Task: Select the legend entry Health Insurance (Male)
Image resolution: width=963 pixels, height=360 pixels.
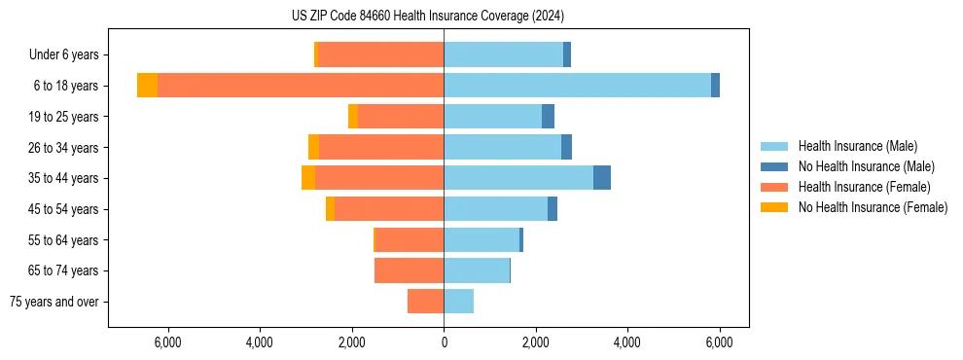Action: (x=857, y=146)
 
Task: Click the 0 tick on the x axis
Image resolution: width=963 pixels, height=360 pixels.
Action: (x=444, y=342)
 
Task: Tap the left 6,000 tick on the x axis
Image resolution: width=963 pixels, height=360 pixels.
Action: (x=168, y=342)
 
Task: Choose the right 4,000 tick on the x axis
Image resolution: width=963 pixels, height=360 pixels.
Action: (x=627, y=342)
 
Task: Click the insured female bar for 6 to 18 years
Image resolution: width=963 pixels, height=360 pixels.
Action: (x=301, y=86)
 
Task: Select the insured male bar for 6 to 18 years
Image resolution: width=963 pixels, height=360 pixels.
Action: (x=577, y=86)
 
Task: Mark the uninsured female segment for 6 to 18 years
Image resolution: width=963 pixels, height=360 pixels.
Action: (x=147, y=86)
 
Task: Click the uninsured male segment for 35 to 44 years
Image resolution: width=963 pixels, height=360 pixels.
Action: (x=602, y=178)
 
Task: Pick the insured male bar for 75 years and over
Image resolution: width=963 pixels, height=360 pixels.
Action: (x=458, y=302)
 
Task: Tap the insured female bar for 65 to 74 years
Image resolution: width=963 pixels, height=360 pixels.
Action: (x=410, y=270)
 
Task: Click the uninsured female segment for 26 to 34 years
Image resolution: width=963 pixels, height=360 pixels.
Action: (x=313, y=147)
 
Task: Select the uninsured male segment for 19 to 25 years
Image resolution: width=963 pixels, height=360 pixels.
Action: (x=548, y=117)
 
